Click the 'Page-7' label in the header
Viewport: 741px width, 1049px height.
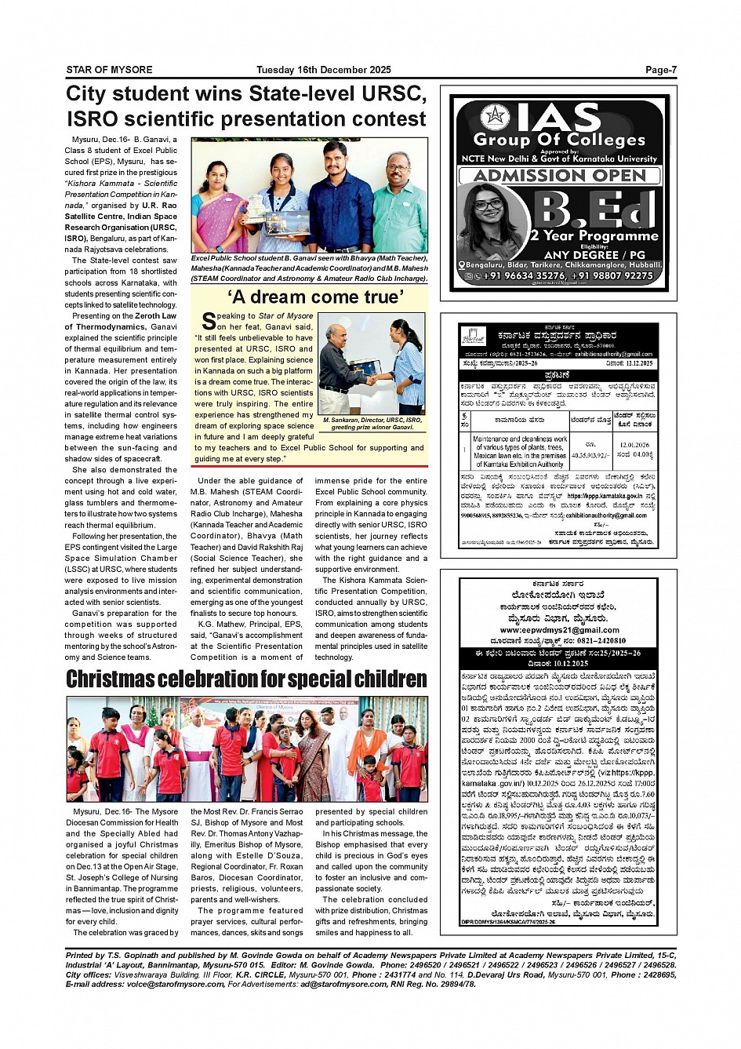(660, 70)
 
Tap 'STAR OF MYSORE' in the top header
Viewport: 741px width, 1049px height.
(109, 70)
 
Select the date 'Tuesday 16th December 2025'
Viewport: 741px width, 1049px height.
(323, 70)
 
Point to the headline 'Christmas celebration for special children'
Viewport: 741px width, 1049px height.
(246, 679)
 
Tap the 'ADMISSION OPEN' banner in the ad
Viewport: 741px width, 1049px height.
(559, 175)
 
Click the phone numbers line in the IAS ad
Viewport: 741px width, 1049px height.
(568, 275)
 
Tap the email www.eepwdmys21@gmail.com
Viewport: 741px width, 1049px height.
(559, 629)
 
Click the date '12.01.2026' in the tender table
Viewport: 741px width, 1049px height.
(634, 445)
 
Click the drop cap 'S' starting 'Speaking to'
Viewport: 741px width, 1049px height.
(209, 321)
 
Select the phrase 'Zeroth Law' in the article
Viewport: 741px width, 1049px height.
(155, 316)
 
